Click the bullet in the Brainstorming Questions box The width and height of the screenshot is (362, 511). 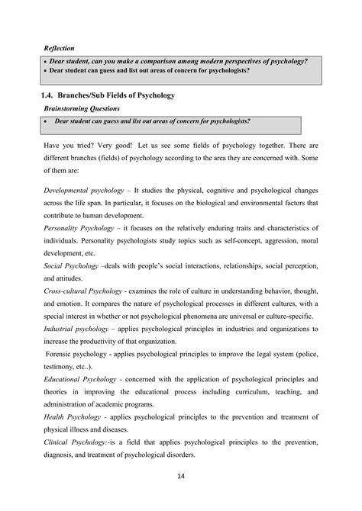coord(47,122)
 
